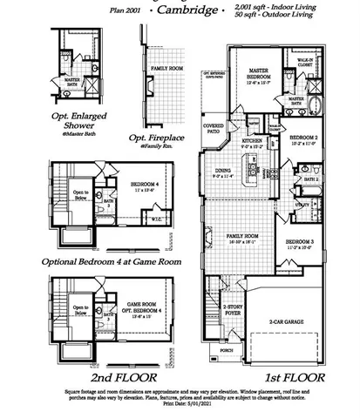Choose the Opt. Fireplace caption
158,138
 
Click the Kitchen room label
252,140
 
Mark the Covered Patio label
214,127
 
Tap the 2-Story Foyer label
232,309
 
